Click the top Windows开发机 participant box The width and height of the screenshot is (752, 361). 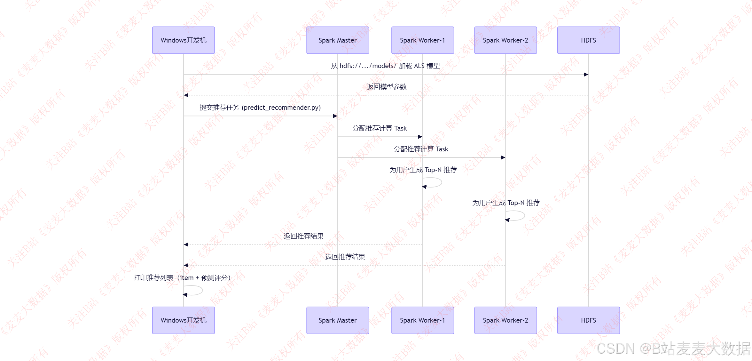click(183, 40)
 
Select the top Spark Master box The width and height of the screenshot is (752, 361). click(337, 40)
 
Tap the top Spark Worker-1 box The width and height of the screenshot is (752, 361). click(422, 40)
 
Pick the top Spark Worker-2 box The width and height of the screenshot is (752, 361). click(505, 40)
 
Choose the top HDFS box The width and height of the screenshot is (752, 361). click(588, 40)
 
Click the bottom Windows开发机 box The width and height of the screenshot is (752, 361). click(183, 320)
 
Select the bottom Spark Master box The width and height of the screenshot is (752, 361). click(337, 320)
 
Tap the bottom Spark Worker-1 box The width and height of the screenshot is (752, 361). click(422, 320)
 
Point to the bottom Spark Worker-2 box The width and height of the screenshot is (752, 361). click(505, 320)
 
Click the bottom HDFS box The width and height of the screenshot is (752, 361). click(588, 320)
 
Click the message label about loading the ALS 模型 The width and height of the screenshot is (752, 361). click(385, 66)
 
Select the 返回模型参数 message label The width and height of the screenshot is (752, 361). click(387, 87)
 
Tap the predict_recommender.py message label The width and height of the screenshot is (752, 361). click(260, 108)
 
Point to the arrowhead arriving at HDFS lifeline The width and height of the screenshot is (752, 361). click(586, 75)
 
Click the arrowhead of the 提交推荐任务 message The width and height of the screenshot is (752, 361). click(335, 116)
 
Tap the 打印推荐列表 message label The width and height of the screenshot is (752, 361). click(182, 278)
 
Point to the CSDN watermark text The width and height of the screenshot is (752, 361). click(673, 348)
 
